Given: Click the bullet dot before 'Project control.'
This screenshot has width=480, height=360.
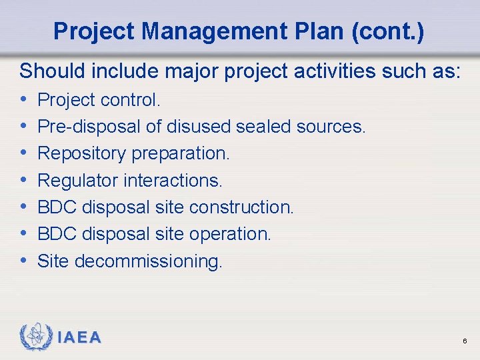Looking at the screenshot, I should pos(24,101).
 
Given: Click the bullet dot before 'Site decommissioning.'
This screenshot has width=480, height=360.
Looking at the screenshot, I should pos(24,261).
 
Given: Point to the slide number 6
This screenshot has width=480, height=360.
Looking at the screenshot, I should pos(464,341).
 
